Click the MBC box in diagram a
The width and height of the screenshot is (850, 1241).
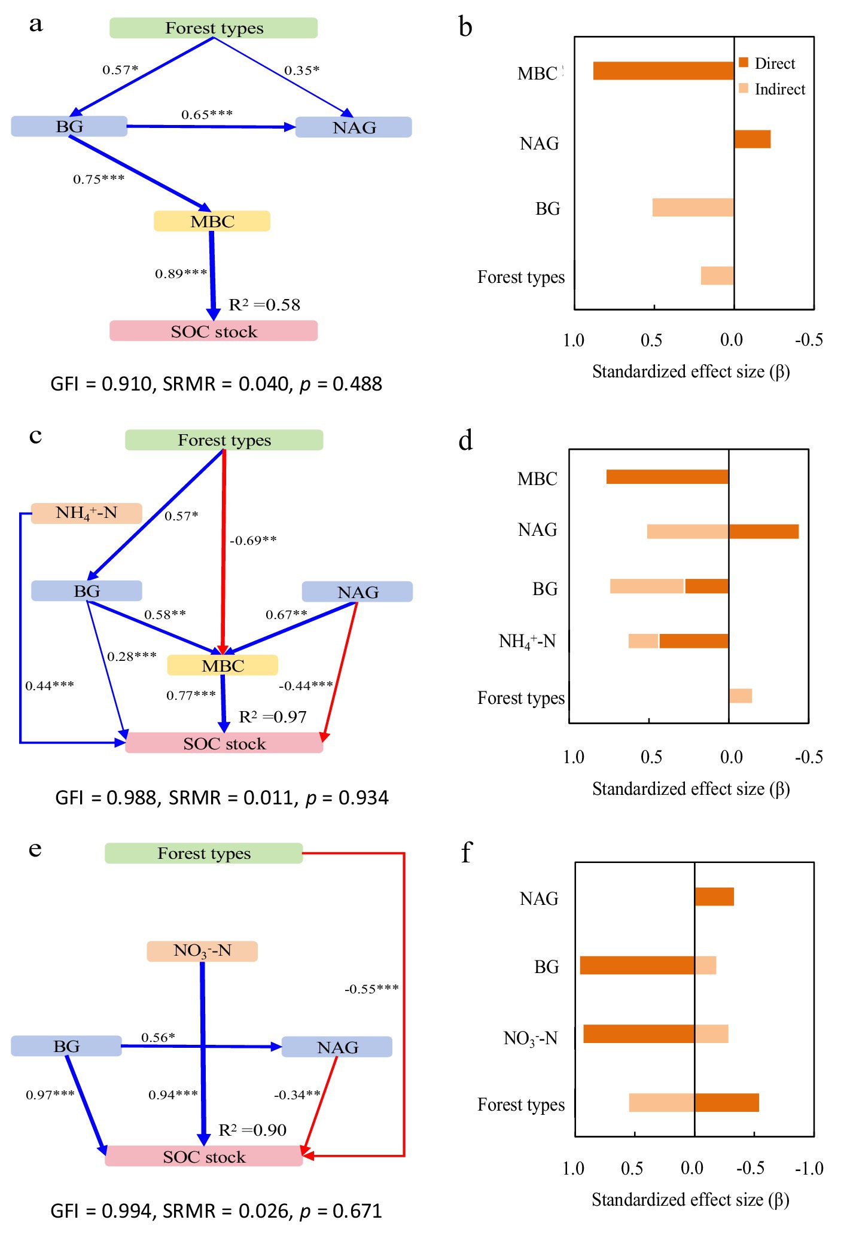212,221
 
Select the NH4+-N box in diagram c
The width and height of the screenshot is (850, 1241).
86,513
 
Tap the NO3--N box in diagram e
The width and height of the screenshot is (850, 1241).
202,951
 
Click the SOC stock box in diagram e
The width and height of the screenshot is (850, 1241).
204,1157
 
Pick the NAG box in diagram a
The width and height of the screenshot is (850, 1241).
354,127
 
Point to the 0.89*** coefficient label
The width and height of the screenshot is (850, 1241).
181,274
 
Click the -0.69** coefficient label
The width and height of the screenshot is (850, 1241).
253,541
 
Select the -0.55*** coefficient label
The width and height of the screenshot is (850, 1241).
371,989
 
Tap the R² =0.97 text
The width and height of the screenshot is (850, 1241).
273,717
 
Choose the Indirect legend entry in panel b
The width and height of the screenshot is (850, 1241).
772,89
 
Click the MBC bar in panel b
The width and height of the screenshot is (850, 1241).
663,71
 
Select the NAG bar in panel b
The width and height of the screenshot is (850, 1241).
752,139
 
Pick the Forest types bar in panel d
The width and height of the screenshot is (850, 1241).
741,696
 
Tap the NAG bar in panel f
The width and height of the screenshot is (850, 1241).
714,897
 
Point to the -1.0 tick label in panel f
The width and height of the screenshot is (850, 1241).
809,1169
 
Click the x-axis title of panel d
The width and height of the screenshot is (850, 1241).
691,789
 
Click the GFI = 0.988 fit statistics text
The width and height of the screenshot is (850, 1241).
222,798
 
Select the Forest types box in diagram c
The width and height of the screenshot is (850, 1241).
224,440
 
